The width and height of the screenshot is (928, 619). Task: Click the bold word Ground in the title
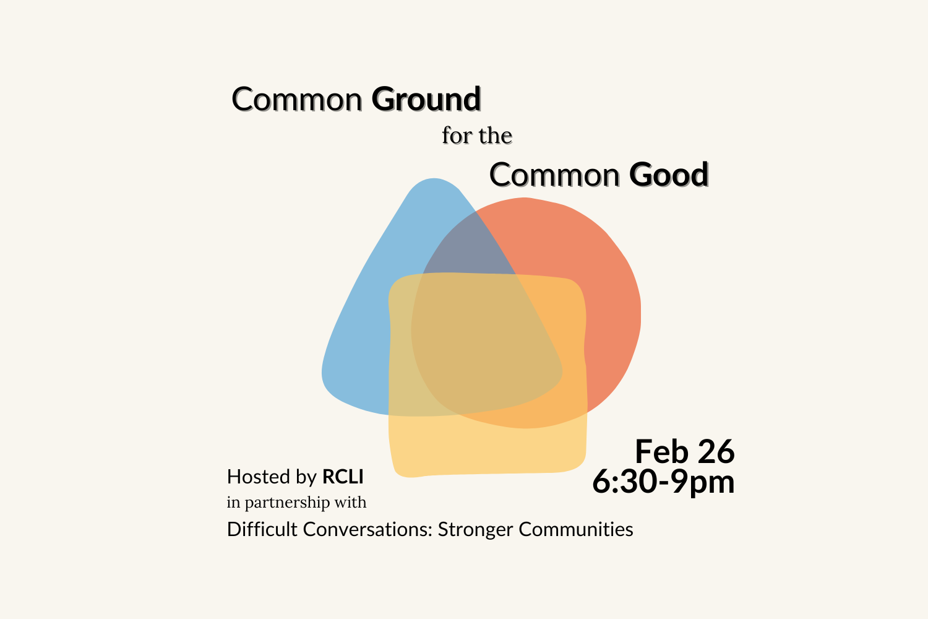[426, 100]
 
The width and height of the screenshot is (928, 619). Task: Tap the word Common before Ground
[296, 100]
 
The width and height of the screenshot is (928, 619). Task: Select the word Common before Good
[554, 175]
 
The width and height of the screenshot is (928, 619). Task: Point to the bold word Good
[669, 175]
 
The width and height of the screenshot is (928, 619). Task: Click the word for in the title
[457, 136]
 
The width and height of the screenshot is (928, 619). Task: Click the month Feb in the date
[661, 451]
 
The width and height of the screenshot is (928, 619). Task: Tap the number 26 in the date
[716, 451]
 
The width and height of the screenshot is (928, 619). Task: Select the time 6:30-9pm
[663, 482]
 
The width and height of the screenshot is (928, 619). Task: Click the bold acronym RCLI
[343, 477]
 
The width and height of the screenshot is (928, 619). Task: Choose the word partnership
[288, 503]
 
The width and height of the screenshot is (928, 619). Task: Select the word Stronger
[475, 529]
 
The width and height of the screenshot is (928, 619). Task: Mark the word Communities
[575, 529]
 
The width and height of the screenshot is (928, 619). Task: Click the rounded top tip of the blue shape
[434, 183]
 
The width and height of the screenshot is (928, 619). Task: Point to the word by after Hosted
[306, 477]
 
